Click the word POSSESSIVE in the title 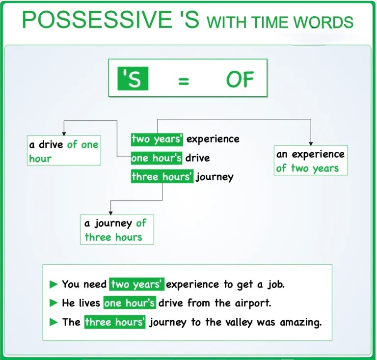click(97, 20)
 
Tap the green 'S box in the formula click(133, 79)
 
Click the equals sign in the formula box click(184, 81)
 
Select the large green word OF click(240, 80)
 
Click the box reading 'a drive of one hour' click(64, 150)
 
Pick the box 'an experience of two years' click(311, 161)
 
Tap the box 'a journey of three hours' click(117, 230)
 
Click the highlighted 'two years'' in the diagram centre click(157, 139)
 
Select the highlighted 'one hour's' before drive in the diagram click(157, 158)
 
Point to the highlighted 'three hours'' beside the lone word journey click(162, 176)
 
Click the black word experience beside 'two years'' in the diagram click(213, 139)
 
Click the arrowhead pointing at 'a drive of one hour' click(64, 134)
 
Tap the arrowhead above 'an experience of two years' click(311, 143)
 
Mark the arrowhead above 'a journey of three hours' click(110, 213)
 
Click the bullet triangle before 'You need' click(54, 284)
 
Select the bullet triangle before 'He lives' click(54, 303)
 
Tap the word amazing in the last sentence click(301, 322)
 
